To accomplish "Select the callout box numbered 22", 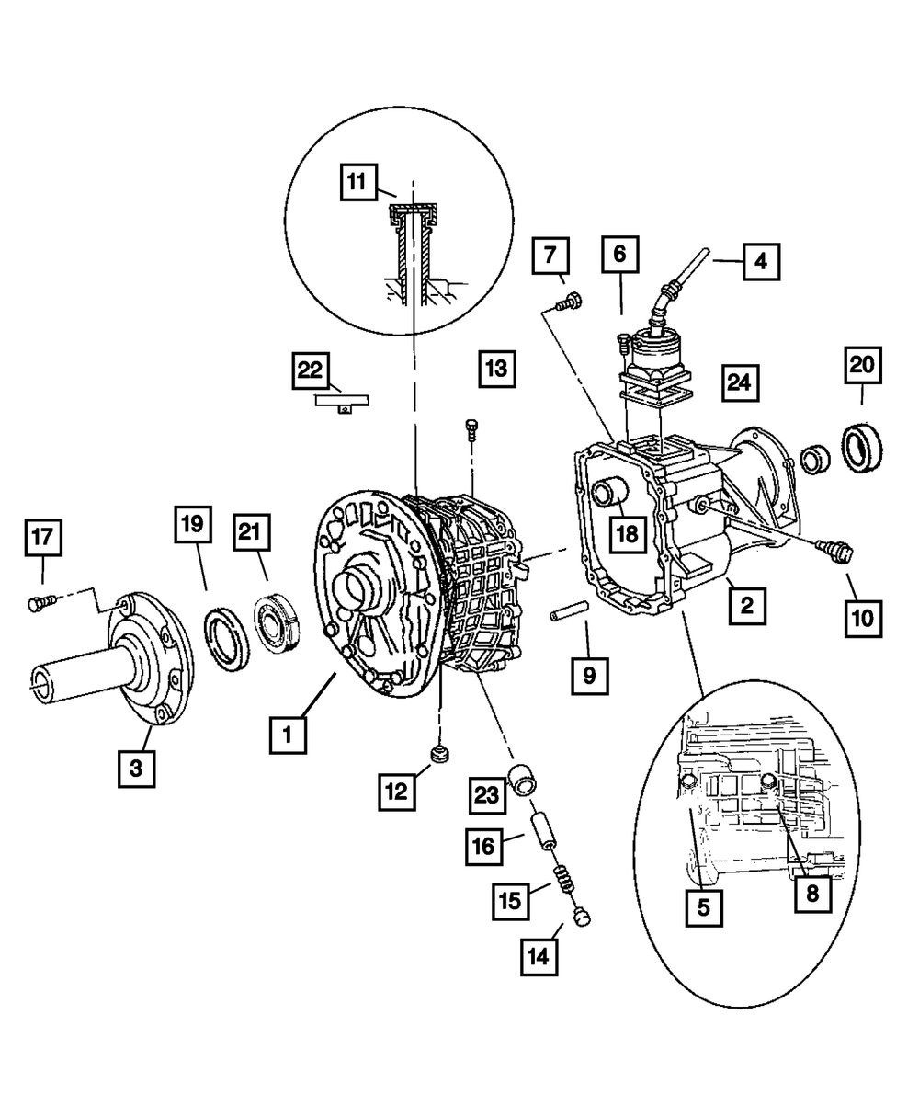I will [312, 370].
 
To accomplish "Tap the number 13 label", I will [496, 369].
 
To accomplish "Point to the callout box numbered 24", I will [741, 380].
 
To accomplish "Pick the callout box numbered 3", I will [136, 769].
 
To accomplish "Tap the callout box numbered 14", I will [539, 956].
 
